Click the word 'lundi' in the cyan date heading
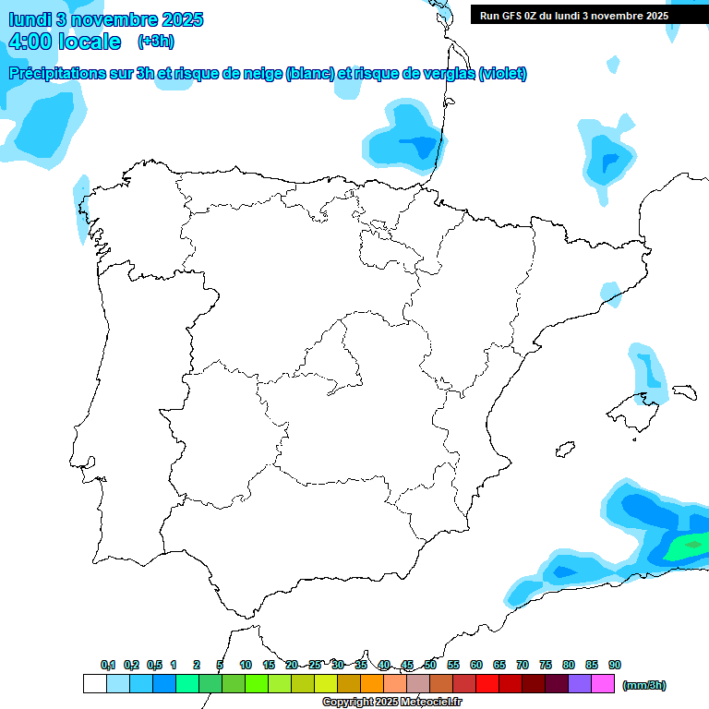(x=30, y=19)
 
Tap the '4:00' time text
(x=30, y=42)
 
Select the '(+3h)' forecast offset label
(x=156, y=42)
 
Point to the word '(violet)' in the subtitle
(x=503, y=74)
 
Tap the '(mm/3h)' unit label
(x=643, y=685)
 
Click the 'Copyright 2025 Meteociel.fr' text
(x=391, y=703)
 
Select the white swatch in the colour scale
(x=94, y=684)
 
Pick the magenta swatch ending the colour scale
(x=603, y=684)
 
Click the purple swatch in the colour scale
(x=580, y=684)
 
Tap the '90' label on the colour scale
(x=615, y=665)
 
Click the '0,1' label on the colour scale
(x=108, y=665)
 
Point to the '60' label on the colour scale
(x=476, y=665)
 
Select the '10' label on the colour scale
(x=246, y=665)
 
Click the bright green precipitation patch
(x=687, y=547)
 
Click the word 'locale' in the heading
(x=90, y=42)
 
